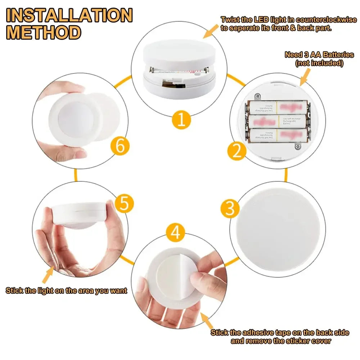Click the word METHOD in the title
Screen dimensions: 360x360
tap(43, 32)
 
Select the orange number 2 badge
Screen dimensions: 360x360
tap(237, 151)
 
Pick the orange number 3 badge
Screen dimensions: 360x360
tap(229, 208)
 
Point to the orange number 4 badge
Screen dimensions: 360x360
tap(175, 233)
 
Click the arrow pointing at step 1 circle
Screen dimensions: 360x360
tap(211, 31)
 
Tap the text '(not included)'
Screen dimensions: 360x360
tap(319, 63)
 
